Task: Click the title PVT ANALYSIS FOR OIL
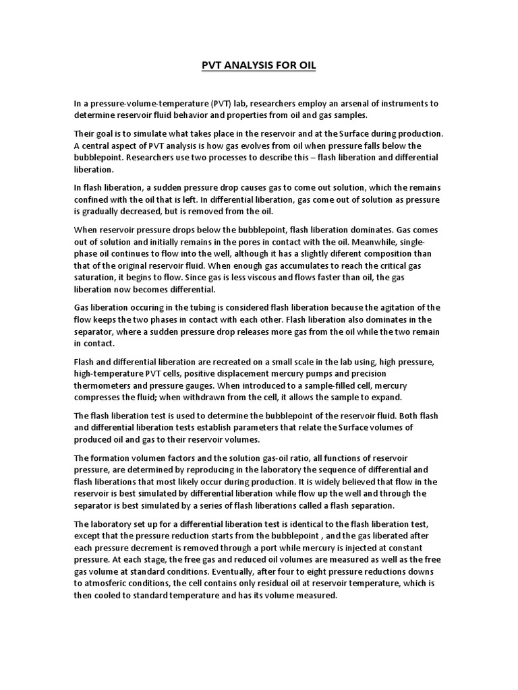(x=259, y=66)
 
